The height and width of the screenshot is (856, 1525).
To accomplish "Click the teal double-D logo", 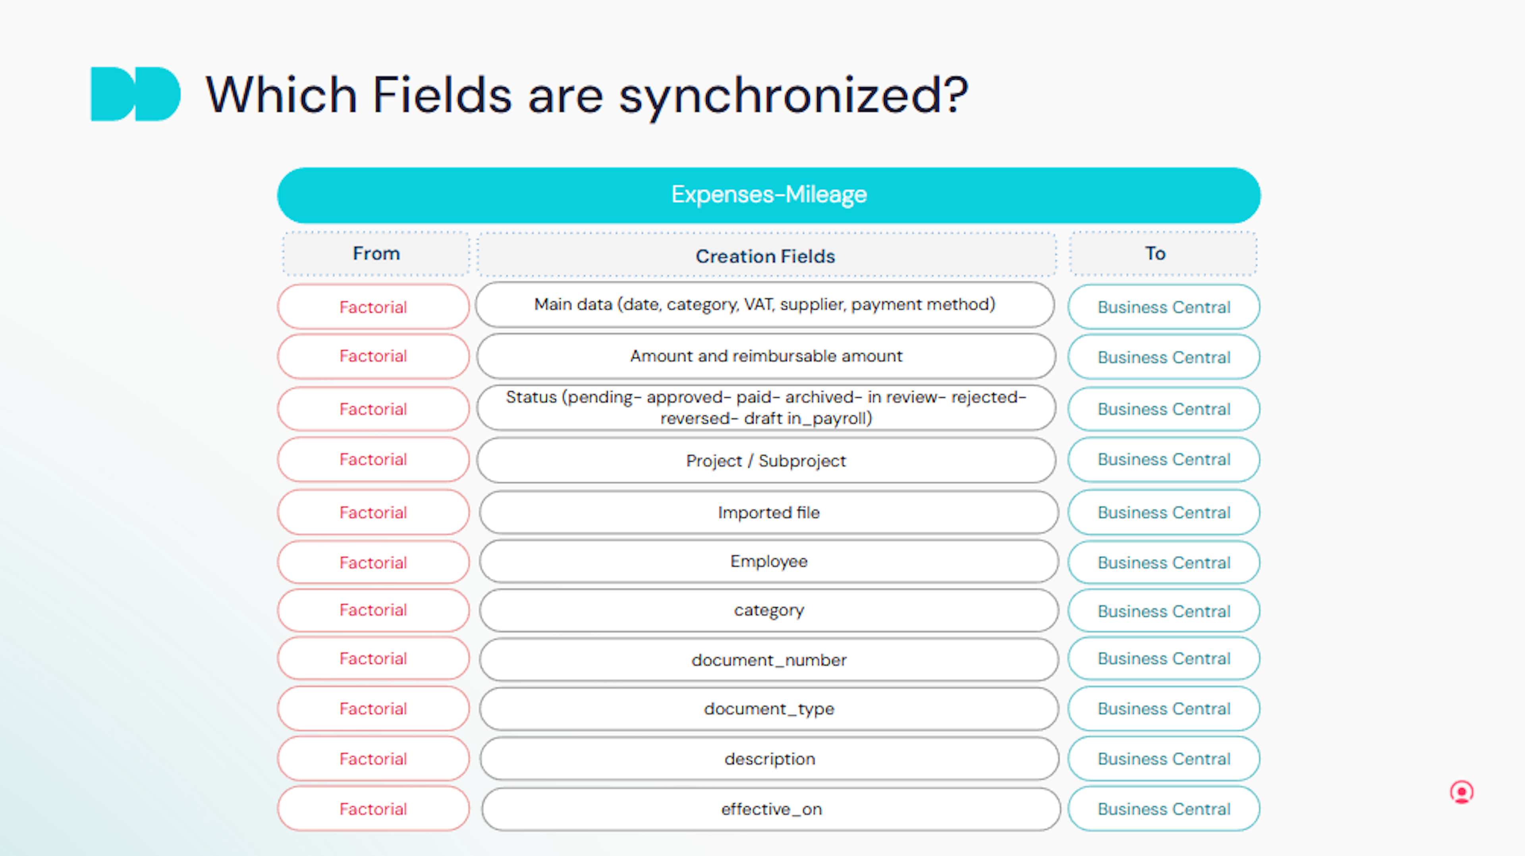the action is coord(135,94).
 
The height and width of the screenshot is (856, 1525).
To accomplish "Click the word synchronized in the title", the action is coord(793,96).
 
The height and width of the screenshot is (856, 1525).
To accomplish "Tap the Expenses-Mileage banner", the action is coord(768,195).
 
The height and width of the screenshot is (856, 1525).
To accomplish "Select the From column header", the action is coord(376,253).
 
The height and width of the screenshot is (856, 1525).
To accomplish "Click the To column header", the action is coord(1163,253).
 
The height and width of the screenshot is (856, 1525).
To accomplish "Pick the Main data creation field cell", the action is coord(765,305).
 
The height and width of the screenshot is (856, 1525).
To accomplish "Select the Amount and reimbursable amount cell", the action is coord(766,356).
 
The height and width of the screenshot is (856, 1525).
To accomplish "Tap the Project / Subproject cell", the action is coord(766,460).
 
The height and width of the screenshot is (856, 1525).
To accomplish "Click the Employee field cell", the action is coord(768,561).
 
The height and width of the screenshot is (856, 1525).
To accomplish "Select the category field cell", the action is coord(768,611).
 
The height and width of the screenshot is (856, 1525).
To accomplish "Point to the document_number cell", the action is coord(768,659).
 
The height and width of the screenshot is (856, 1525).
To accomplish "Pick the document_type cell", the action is coord(768,709).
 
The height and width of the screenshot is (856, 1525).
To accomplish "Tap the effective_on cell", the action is coord(771,809).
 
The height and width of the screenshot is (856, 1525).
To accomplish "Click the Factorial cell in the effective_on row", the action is coord(373,809).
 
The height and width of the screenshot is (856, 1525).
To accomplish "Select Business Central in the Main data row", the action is coord(1164,307).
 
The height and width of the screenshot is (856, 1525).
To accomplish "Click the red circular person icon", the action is coord(1461,792).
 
